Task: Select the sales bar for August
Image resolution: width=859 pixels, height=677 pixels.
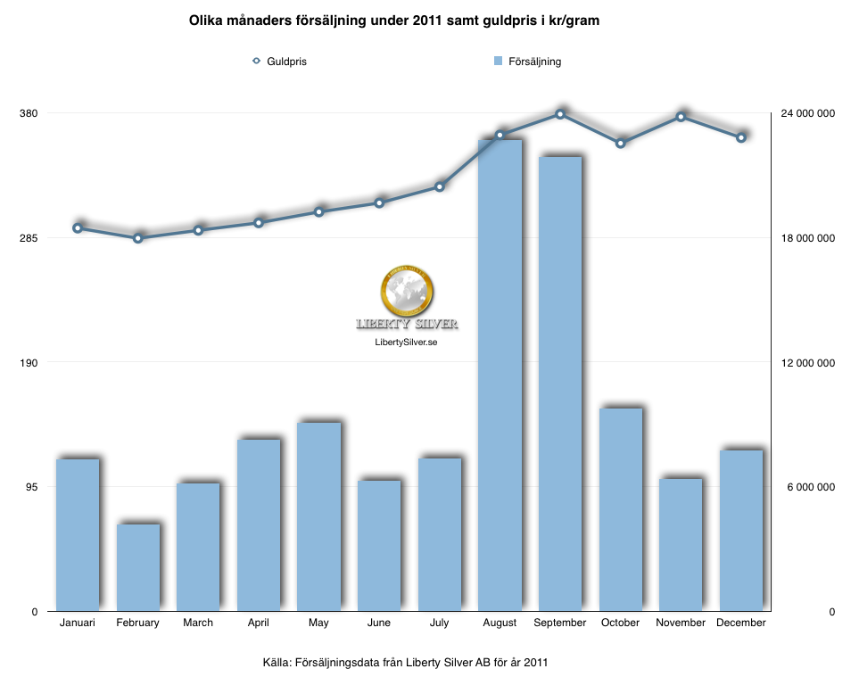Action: click(500, 375)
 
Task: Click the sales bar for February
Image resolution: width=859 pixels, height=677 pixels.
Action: click(138, 567)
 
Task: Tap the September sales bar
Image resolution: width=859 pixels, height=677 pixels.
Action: click(560, 384)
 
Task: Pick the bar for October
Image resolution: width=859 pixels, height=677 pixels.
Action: click(620, 509)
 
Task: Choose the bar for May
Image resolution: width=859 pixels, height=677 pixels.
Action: click(318, 516)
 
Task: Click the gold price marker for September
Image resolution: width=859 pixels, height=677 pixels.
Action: click(560, 114)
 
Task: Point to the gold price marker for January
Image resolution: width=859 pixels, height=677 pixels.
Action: click(78, 228)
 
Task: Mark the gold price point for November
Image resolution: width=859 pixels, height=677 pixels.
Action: click(681, 117)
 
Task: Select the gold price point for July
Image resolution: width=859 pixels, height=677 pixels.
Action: click(440, 186)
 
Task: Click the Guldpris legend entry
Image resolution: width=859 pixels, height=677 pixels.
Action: click(280, 62)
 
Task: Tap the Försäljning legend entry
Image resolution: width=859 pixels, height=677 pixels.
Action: click(527, 62)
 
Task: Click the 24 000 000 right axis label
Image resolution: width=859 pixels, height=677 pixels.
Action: click(807, 113)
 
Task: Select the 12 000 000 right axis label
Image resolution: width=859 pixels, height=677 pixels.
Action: click(807, 363)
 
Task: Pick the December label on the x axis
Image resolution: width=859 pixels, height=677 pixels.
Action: click(740, 623)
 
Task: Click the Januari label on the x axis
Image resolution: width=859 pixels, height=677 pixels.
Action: click(78, 623)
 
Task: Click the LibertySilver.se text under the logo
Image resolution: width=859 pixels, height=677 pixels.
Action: click(407, 342)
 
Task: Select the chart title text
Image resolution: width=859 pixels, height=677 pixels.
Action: click(393, 20)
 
